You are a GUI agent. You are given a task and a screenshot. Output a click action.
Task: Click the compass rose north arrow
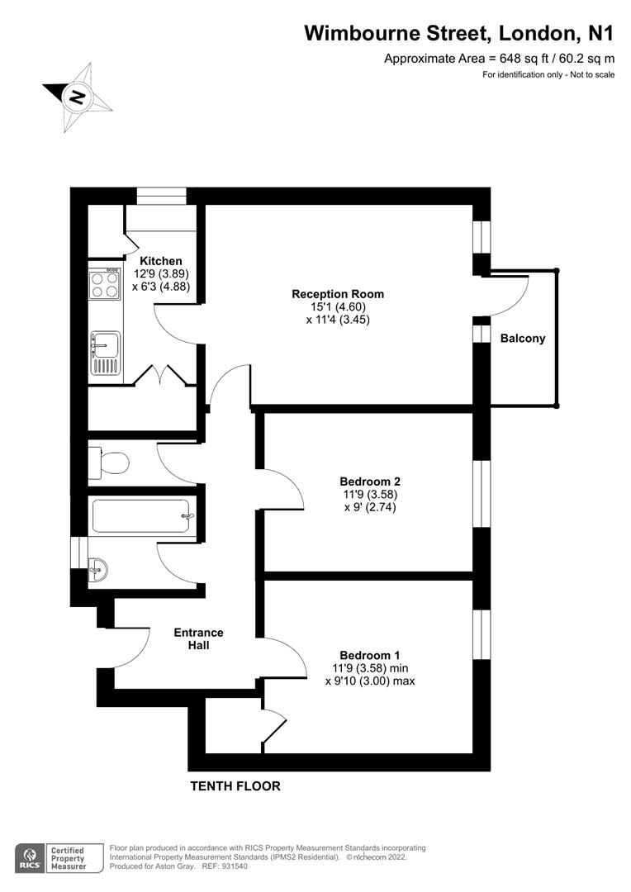[77, 97]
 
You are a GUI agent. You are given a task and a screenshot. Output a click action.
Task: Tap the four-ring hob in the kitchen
[105, 286]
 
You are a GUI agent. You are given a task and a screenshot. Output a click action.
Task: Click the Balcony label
[523, 338]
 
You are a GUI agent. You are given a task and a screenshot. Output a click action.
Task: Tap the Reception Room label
[338, 294]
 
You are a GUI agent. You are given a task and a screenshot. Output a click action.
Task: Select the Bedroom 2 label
[370, 482]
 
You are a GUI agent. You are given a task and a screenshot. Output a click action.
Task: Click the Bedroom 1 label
[370, 655]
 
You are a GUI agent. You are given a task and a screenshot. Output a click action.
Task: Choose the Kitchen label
[160, 261]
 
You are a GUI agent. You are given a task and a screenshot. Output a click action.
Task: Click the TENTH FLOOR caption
[235, 786]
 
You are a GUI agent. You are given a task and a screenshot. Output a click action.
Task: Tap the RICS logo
[29, 856]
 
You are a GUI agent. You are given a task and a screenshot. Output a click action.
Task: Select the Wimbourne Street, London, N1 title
[459, 33]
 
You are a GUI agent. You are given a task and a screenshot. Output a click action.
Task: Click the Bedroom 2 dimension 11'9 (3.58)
[370, 495]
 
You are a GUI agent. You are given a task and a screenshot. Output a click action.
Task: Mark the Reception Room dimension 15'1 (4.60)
[338, 306]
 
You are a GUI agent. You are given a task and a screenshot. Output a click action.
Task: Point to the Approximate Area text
[500, 59]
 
